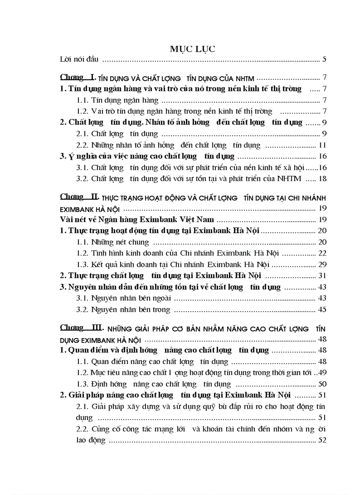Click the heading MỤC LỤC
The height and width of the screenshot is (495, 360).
pos(192,49)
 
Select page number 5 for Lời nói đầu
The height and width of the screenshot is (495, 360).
pos(324,59)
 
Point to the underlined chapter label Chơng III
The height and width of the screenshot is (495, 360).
pos(79,328)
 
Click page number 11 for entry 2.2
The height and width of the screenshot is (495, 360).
pos(322,145)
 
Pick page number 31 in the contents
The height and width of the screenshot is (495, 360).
pos(322,276)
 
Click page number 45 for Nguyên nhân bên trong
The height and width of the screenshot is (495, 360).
pos(322,309)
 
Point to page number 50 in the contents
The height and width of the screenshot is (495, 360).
pos(322,384)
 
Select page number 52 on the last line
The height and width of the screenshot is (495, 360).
pos(322,440)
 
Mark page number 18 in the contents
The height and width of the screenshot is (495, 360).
pos(322,179)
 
